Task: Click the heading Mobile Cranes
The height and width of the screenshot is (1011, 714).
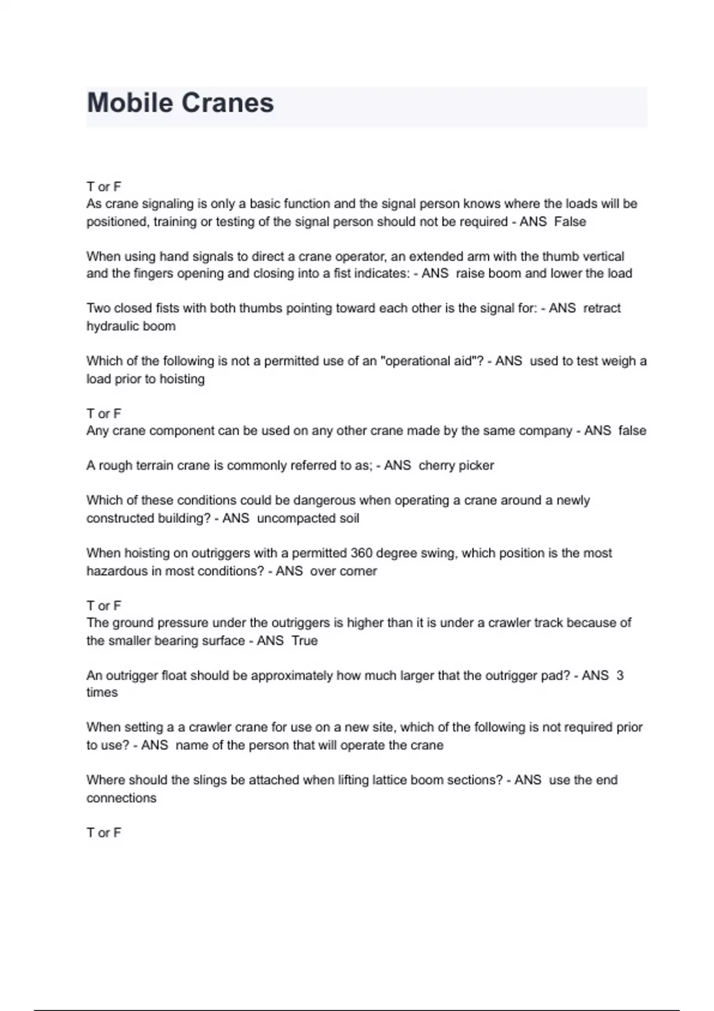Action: point(180,103)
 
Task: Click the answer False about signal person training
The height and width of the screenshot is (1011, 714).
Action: point(570,222)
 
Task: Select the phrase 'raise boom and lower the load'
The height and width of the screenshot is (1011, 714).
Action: point(544,274)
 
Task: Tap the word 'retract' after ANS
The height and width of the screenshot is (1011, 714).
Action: point(602,308)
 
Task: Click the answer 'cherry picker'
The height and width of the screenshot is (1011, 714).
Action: point(456,466)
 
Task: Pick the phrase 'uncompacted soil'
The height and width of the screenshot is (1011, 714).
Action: point(308,518)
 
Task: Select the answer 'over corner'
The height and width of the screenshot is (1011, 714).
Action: point(343,571)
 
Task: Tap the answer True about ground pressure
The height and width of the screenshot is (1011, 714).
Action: point(305,640)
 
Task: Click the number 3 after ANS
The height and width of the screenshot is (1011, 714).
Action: point(620,676)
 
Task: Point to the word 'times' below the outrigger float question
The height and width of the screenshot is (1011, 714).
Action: point(102,693)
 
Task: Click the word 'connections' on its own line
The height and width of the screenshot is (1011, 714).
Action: point(121,798)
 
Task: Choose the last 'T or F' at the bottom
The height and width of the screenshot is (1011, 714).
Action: point(104,833)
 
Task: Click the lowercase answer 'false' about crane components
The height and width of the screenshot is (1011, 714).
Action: point(632,431)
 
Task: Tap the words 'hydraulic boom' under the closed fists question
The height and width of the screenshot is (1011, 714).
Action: point(131,326)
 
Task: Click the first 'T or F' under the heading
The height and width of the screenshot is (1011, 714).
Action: point(104,187)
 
